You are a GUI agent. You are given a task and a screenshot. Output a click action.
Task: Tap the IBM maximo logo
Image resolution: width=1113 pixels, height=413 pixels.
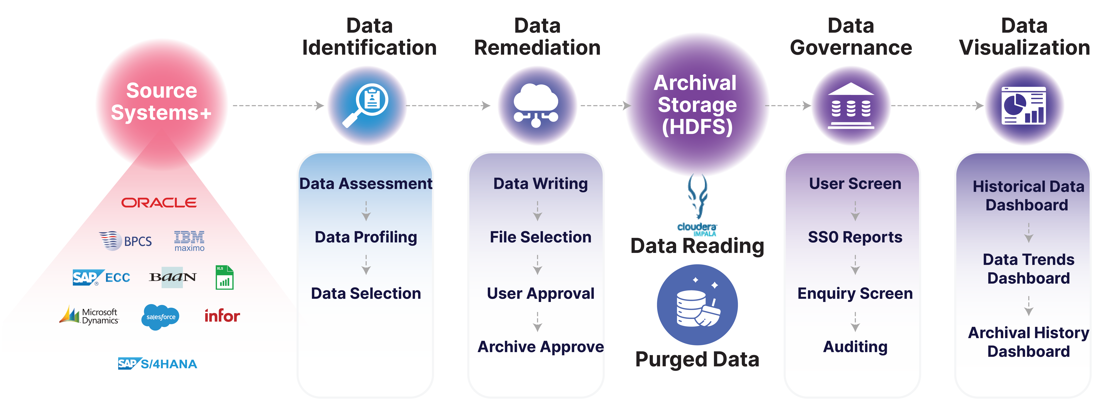[x=189, y=241]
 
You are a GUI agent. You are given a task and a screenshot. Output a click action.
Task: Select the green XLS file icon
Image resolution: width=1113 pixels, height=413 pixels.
[x=224, y=277]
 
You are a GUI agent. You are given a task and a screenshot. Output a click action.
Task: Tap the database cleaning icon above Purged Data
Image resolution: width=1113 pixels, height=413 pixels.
[x=697, y=305]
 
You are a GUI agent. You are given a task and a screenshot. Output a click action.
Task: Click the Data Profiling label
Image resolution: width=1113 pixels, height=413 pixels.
[x=366, y=237]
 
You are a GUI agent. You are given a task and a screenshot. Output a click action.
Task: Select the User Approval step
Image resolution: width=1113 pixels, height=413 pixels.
[x=540, y=293]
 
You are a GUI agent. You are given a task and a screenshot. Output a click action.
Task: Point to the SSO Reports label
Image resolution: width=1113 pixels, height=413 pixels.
[x=855, y=237]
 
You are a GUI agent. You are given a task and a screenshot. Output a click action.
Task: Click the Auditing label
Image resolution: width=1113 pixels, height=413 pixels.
[x=855, y=346]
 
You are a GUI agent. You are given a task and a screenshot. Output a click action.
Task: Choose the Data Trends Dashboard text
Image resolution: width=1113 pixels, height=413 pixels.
[x=1028, y=269]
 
